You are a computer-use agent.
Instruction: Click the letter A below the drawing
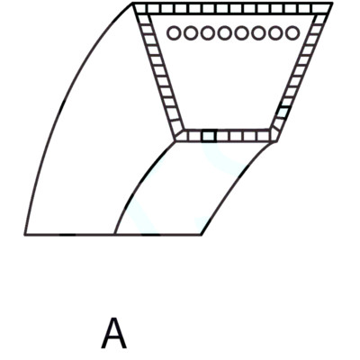[113, 333]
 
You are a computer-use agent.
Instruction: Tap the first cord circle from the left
[174, 33]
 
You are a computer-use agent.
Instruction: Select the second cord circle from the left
[191, 33]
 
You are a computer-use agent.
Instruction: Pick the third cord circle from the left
[208, 33]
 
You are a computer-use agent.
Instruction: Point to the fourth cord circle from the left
[225, 33]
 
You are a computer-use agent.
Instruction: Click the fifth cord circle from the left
[241, 33]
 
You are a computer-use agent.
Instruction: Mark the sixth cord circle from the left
[258, 33]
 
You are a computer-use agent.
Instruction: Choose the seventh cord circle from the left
[275, 33]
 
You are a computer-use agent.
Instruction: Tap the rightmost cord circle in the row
[292, 33]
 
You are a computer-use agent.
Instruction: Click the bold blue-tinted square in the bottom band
[209, 136]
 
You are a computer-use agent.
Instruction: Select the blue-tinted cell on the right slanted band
[283, 112]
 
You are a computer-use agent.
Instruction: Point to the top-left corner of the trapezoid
[133, 3]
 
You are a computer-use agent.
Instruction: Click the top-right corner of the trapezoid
[332, 3]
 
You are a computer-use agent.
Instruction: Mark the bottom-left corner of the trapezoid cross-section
[175, 141]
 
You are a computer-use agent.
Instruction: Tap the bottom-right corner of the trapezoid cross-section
[275, 141]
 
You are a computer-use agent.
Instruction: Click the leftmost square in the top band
[140, 8]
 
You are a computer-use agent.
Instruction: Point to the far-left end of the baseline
[25, 235]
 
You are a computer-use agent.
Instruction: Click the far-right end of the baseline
[202, 235]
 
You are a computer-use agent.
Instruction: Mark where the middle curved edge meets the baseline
[115, 234]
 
